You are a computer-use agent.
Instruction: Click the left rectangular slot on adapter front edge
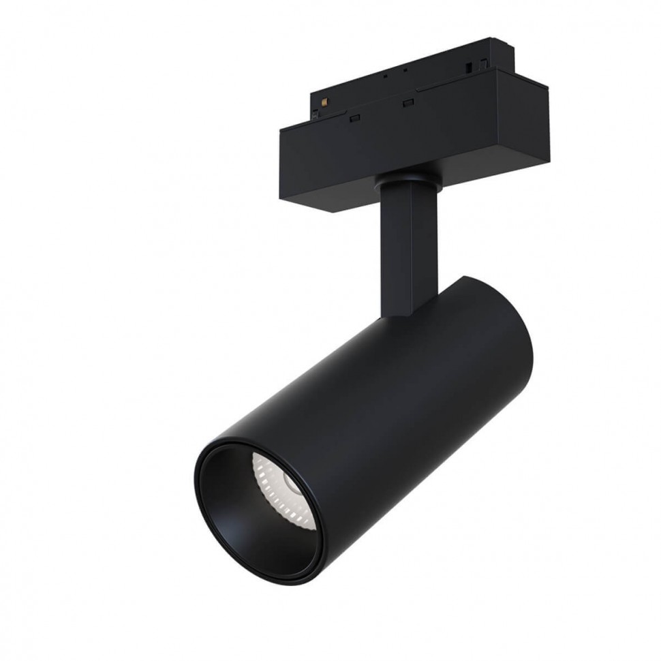354,119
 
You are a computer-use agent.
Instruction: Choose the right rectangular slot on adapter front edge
408,103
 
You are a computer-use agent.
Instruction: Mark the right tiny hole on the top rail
405,70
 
